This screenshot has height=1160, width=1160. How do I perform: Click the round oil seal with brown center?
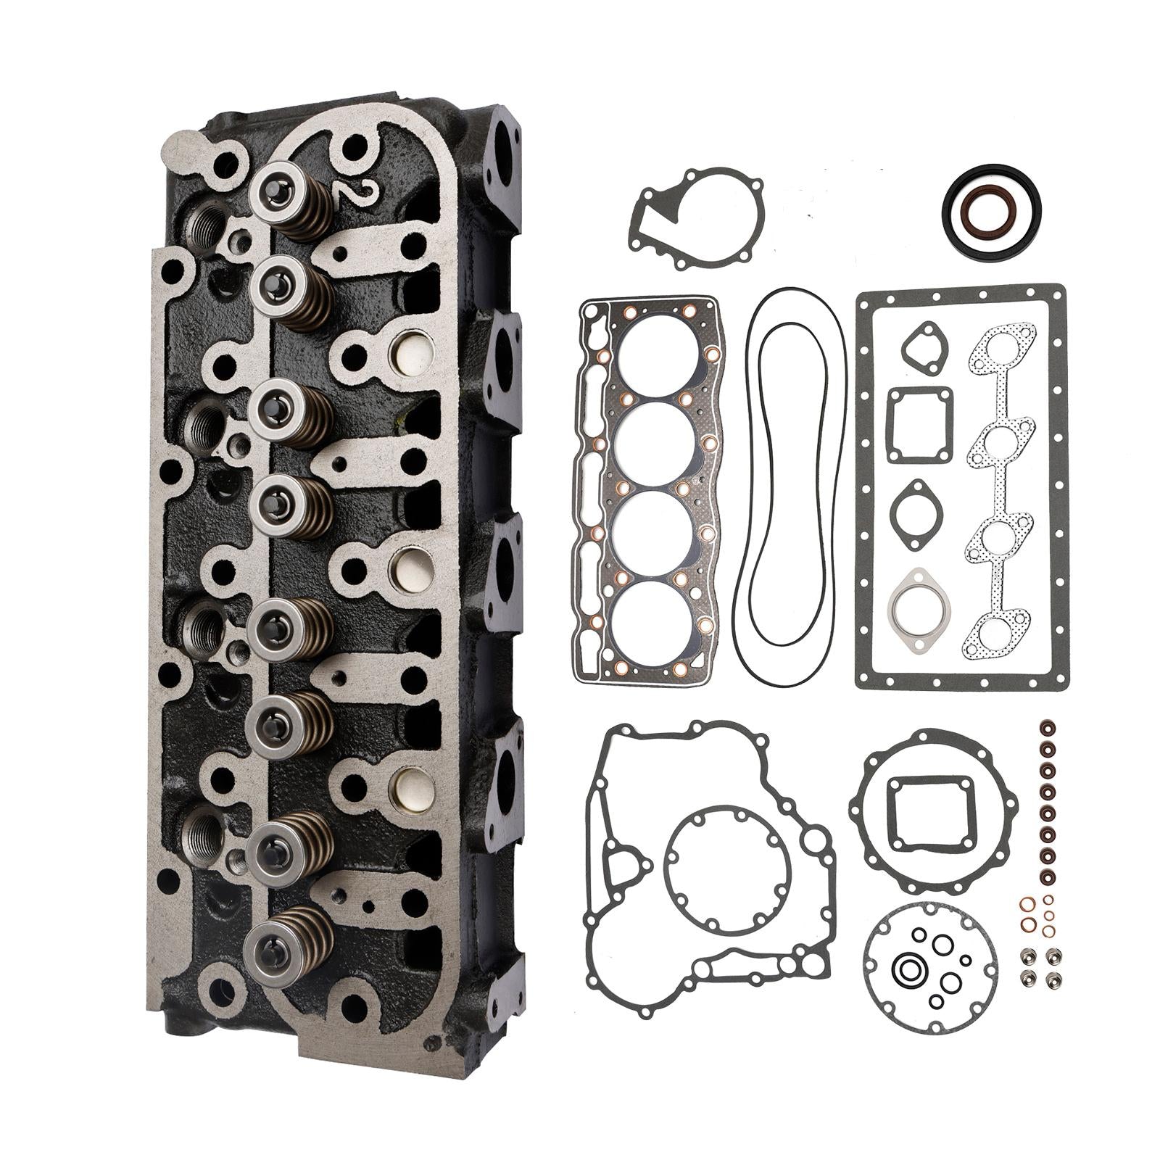tap(992, 210)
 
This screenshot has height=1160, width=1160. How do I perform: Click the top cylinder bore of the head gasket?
tap(662, 356)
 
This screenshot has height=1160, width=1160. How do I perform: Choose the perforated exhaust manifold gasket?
tap(999, 493)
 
